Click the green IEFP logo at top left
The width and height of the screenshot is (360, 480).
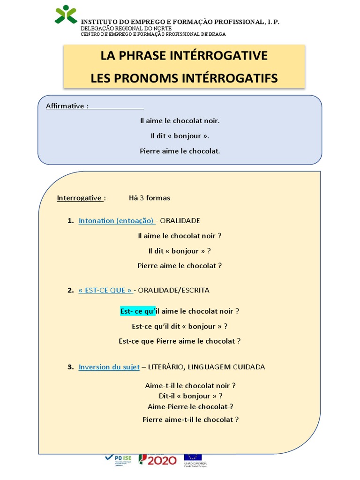click(x=66, y=15)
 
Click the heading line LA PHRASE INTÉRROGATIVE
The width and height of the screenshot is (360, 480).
click(x=184, y=55)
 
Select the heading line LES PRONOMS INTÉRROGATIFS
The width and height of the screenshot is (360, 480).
click(x=184, y=78)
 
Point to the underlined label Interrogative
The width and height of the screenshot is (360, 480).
click(x=81, y=198)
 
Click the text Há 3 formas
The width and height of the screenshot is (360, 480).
click(x=150, y=198)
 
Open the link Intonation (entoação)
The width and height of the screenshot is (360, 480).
click(x=116, y=220)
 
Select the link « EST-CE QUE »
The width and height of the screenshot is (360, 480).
click(x=105, y=290)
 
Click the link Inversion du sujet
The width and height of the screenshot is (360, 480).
click(x=109, y=367)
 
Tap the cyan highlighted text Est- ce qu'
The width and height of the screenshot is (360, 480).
click(x=137, y=311)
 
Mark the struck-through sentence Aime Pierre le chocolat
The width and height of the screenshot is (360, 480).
click(x=190, y=406)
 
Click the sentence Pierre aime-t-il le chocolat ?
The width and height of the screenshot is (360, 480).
click(x=190, y=420)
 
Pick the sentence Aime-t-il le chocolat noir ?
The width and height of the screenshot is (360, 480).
click(x=190, y=386)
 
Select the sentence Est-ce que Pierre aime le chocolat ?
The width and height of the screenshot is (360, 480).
click(x=180, y=341)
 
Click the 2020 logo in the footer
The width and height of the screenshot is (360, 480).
click(x=157, y=460)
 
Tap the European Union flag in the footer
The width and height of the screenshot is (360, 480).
click(x=193, y=457)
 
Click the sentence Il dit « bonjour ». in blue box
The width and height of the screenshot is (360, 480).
click(x=180, y=136)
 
